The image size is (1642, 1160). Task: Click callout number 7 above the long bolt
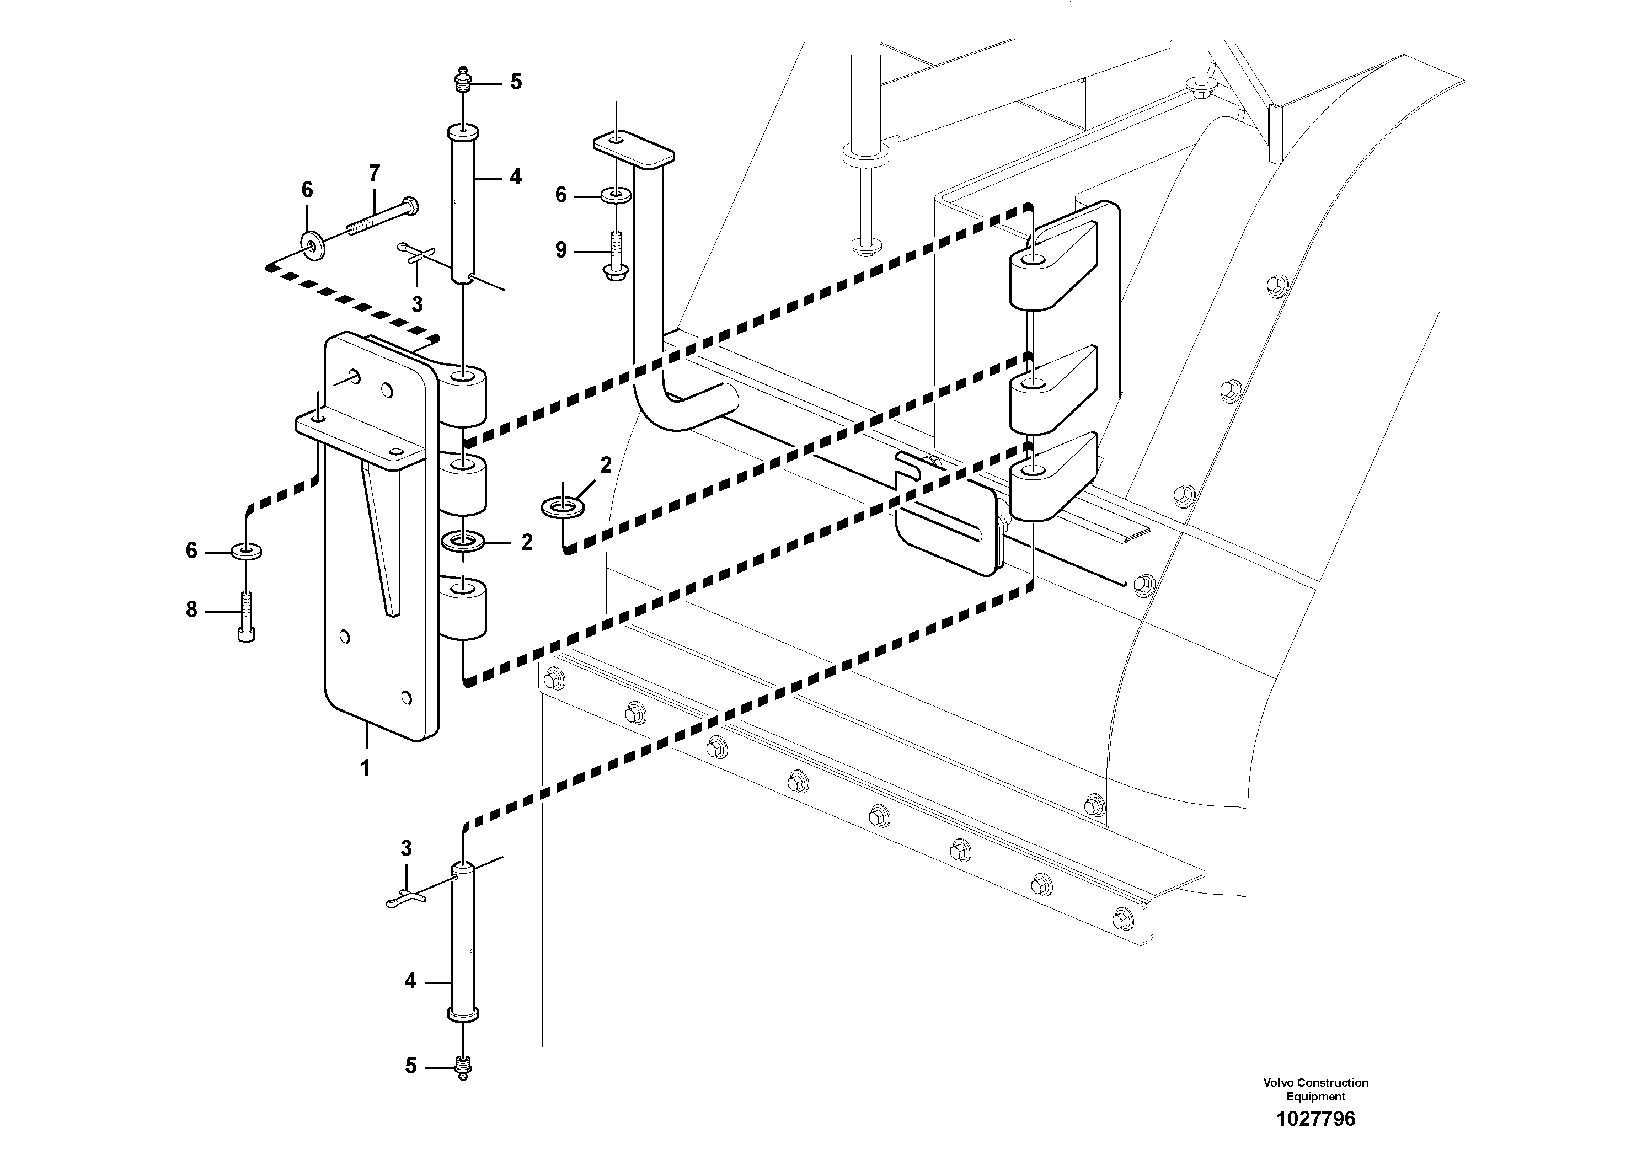(374, 173)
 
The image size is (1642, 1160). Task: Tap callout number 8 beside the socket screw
(191, 610)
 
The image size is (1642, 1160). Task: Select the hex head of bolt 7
(410, 206)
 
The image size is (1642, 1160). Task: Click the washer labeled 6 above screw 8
(246, 550)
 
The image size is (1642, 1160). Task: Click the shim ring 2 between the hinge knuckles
(463, 541)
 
